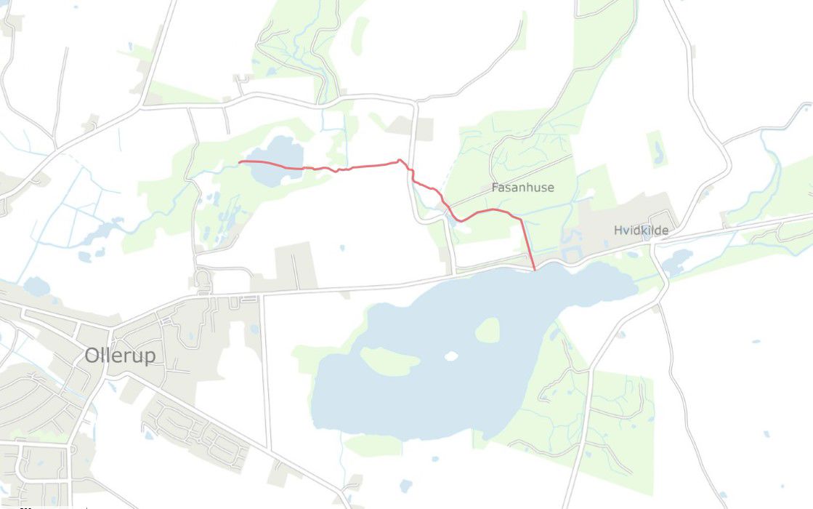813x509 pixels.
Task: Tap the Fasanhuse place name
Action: pyautogui.click(x=522, y=188)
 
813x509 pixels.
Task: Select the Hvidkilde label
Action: pyautogui.click(x=641, y=231)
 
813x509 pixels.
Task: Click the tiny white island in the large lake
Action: pyautogui.click(x=451, y=356)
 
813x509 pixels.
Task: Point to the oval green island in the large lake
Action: pyautogui.click(x=488, y=330)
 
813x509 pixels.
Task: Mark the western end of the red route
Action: pyautogui.click(x=240, y=161)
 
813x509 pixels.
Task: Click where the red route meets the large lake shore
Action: pyautogui.click(x=535, y=270)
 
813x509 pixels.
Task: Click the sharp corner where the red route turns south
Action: pyautogui.click(x=520, y=219)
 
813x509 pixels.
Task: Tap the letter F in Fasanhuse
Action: pyautogui.click(x=495, y=188)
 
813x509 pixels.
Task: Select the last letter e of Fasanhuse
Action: pyautogui.click(x=551, y=188)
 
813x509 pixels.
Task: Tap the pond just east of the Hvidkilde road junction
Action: pyautogui.click(x=678, y=260)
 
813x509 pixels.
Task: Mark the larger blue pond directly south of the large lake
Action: pyautogui.click(x=405, y=485)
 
